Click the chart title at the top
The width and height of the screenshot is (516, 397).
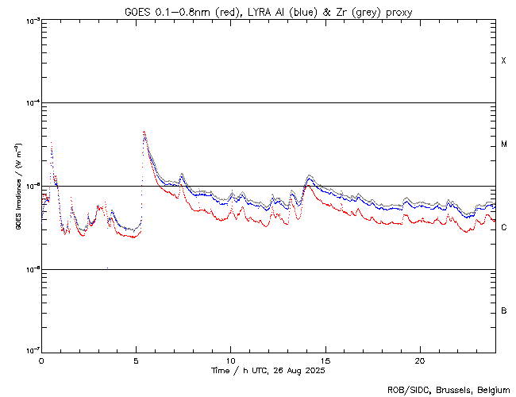(268, 12)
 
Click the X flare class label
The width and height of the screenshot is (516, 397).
(503, 61)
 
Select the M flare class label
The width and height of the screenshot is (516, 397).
(503, 144)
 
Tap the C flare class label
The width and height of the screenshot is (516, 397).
(503, 228)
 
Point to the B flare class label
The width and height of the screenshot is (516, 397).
(503, 310)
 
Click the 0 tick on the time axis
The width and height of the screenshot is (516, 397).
(41, 360)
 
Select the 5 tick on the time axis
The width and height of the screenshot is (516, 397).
(136, 360)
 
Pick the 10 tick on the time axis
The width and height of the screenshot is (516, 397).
(230, 360)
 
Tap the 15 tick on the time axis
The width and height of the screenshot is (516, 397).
(325, 360)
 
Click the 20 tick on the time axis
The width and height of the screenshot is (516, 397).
(419, 360)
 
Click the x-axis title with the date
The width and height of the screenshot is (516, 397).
(268, 370)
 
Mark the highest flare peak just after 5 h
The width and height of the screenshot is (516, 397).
(144, 132)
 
